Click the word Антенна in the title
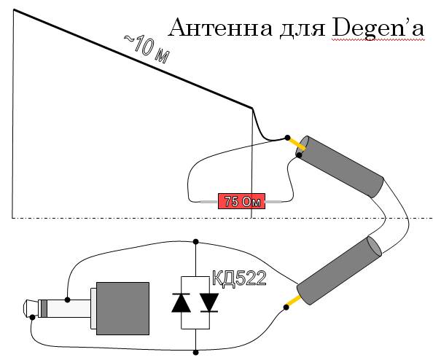point(220,28)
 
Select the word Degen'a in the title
point(378,28)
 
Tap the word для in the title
point(302,29)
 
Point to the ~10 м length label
point(147,49)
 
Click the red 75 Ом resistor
point(241,201)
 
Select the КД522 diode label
point(239,278)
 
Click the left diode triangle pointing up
point(182,303)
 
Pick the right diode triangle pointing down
point(209,302)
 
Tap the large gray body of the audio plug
point(122,308)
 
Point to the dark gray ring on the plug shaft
point(44,308)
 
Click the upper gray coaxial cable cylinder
point(340,166)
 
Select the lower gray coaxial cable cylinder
point(340,270)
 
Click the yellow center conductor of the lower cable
point(293,302)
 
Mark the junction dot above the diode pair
point(196,242)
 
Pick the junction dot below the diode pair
point(196,353)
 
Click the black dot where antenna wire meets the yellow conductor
point(287,138)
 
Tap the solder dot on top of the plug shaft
point(67,300)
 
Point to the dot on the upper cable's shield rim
point(299,155)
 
